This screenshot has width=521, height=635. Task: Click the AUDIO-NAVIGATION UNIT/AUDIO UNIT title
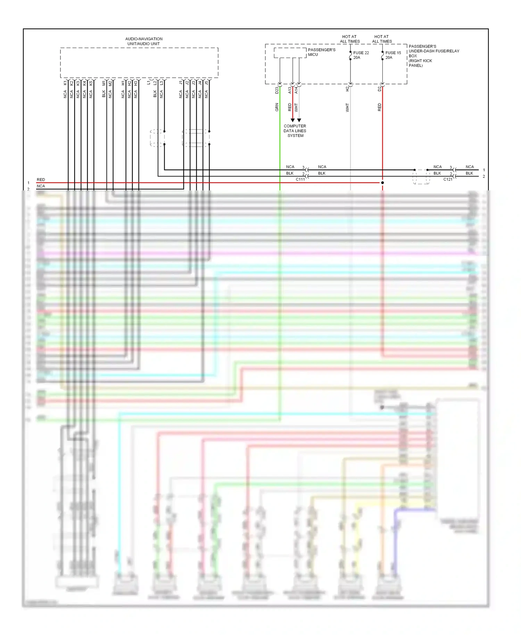(x=143, y=41)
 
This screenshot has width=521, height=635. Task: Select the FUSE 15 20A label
(x=393, y=55)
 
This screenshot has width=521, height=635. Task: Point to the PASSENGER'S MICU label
(x=321, y=52)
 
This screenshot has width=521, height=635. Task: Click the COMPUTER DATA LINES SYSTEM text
(x=295, y=131)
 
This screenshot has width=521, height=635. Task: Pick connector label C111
(x=300, y=179)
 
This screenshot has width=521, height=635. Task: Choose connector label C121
(x=448, y=179)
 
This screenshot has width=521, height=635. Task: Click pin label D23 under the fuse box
(x=277, y=90)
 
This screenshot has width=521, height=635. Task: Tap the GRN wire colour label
(x=277, y=107)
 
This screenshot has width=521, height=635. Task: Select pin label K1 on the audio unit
(x=65, y=83)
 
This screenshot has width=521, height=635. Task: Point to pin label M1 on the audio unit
(x=104, y=83)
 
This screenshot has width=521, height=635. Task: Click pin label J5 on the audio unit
(x=206, y=83)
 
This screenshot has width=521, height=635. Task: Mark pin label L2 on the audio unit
(x=155, y=83)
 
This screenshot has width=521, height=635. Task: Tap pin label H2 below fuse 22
(x=347, y=89)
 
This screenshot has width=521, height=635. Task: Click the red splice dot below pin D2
(x=382, y=183)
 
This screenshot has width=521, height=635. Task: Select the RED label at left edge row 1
(x=41, y=180)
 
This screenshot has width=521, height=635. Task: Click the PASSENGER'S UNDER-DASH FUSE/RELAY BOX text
(x=433, y=56)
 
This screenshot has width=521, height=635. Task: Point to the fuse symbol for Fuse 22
(x=350, y=56)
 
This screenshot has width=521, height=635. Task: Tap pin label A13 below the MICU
(x=290, y=90)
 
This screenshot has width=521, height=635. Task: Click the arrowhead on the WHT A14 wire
(x=299, y=120)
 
